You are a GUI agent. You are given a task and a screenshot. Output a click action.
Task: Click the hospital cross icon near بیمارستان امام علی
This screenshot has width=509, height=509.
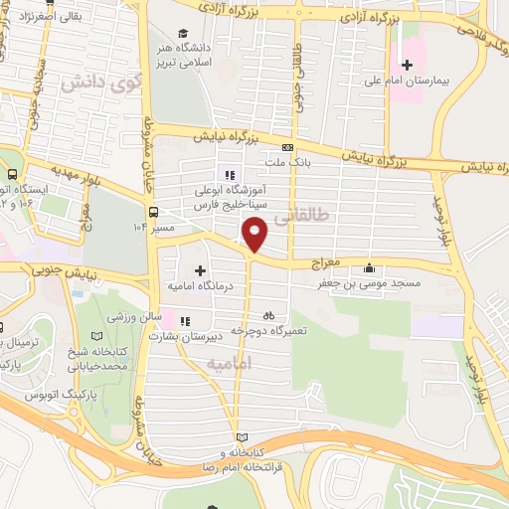[406, 64]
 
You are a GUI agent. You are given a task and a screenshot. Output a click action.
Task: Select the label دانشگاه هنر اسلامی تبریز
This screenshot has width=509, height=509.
[182, 59]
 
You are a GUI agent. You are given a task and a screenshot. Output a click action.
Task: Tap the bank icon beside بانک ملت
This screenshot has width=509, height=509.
[287, 146]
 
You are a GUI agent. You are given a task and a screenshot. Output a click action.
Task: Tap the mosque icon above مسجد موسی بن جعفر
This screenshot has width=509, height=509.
[370, 267]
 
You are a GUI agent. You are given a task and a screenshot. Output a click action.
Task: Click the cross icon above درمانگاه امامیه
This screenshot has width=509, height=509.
[201, 270]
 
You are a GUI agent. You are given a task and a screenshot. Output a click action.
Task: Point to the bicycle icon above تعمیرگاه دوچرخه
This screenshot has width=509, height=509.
[267, 315]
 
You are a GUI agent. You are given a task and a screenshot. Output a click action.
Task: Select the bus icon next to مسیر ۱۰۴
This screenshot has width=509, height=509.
[153, 211]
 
